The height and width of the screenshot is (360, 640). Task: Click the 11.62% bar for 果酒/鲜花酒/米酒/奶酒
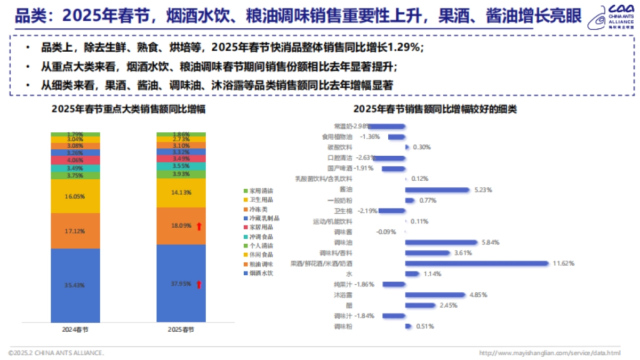coord(477,263)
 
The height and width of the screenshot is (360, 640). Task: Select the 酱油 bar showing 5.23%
coord(437,189)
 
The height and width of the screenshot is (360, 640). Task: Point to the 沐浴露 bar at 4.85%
coord(435,295)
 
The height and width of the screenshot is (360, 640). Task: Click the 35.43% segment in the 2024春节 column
coord(75,285)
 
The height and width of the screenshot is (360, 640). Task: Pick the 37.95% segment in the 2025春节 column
coord(181,284)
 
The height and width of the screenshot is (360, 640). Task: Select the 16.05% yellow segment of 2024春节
coord(75,196)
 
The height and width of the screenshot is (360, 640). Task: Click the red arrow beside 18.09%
coord(199,227)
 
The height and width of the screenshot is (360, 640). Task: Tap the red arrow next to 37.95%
coord(199,284)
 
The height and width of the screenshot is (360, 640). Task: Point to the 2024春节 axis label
coord(75,329)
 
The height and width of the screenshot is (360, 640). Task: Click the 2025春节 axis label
coord(181,329)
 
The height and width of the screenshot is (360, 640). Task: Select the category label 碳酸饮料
coord(340,147)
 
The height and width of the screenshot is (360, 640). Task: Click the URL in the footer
coord(549,353)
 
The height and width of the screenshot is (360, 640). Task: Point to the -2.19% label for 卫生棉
coord(367,211)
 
